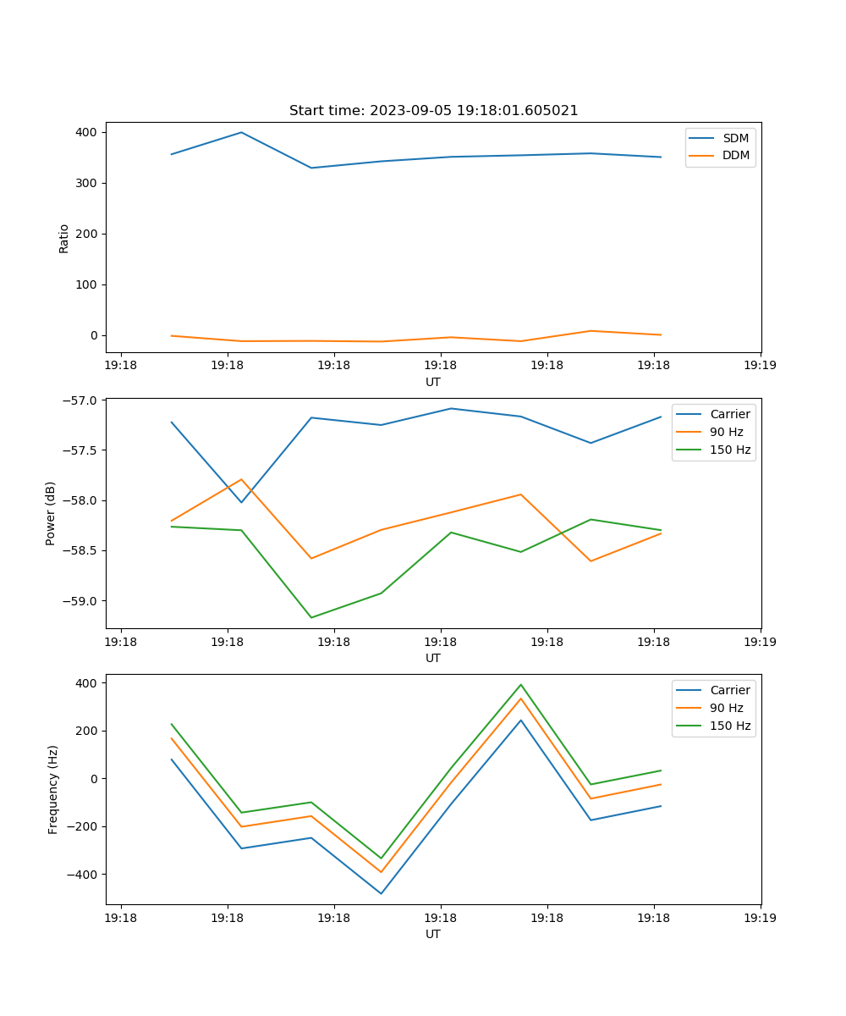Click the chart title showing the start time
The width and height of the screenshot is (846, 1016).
pos(433,111)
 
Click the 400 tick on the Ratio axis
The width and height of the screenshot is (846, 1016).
pos(86,132)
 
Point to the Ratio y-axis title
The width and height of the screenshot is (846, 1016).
pos(64,238)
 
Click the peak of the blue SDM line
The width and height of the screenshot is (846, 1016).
pos(241,132)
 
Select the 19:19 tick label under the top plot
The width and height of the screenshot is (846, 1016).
pos(760,366)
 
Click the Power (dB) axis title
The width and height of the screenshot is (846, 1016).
pos(51,513)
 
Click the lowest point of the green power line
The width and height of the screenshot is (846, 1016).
pos(311,617)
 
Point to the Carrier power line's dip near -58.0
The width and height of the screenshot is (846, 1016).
pos(241,502)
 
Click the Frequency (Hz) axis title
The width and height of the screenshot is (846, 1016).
pos(52,789)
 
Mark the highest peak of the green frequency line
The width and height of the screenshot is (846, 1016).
pos(520,685)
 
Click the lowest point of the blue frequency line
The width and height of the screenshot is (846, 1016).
pos(381,893)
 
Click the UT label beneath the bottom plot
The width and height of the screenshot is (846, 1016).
pos(433,934)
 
